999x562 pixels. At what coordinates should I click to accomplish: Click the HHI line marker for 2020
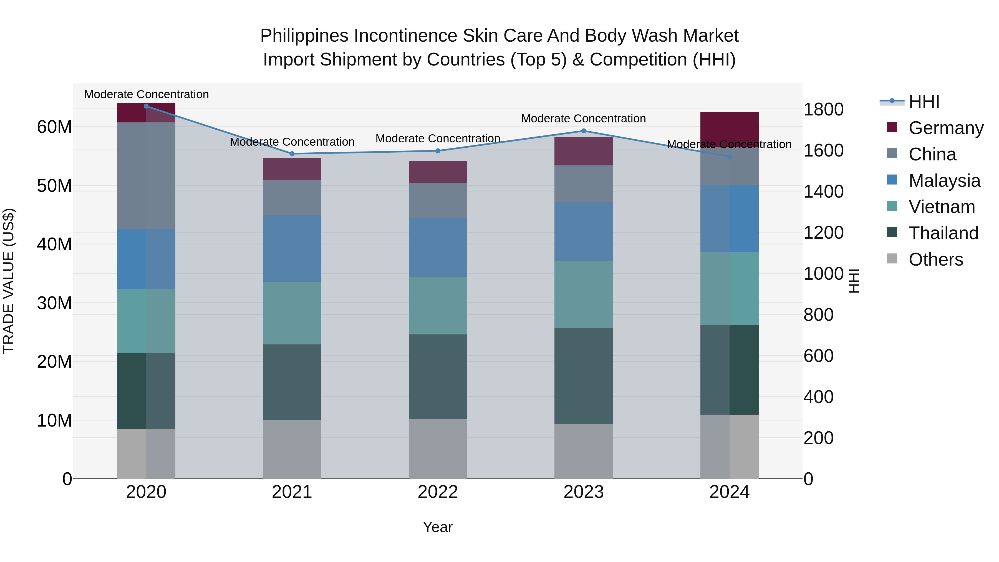pyautogui.click(x=146, y=106)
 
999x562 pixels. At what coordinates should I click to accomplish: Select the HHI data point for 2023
pyautogui.click(x=584, y=131)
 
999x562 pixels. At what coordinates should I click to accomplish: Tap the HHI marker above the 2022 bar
pyautogui.click(x=438, y=151)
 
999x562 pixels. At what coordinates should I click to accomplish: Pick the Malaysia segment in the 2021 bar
pyautogui.click(x=292, y=249)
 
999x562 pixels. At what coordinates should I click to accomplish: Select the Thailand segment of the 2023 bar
pyautogui.click(x=584, y=376)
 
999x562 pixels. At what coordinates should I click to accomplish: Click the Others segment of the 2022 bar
pyautogui.click(x=438, y=448)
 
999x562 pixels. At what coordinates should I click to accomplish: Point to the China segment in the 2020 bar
pyautogui.click(x=146, y=176)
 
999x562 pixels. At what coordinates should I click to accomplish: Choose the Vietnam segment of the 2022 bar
pyautogui.click(x=438, y=306)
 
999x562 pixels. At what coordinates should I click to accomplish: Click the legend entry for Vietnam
pyautogui.click(x=942, y=207)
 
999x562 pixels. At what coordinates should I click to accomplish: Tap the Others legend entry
pyautogui.click(x=935, y=259)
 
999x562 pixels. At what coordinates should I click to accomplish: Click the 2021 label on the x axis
pyautogui.click(x=292, y=492)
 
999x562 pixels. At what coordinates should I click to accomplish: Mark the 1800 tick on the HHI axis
pyautogui.click(x=823, y=109)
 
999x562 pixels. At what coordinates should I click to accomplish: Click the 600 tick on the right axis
pyautogui.click(x=818, y=356)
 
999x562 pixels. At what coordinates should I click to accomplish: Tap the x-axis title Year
pyautogui.click(x=438, y=527)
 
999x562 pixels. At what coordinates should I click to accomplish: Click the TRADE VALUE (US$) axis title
pyautogui.click(x=9, y=281)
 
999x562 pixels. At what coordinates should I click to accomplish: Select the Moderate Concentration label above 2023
pyautogui.click(x=583, y=119)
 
